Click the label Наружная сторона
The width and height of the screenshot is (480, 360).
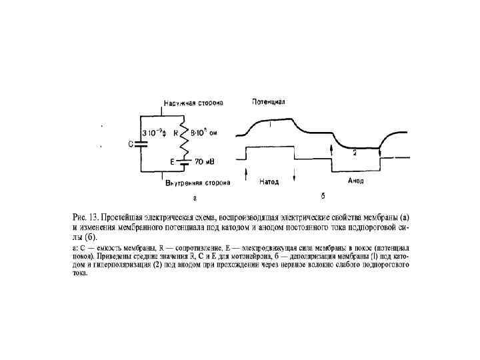(x=194, y=103)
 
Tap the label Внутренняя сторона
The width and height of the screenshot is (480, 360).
(x=197, y=183)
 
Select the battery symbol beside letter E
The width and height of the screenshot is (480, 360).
(x=186, y=161)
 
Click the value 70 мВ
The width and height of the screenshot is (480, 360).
(x=203, y=161)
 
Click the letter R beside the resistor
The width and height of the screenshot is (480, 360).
(x=176, y=133)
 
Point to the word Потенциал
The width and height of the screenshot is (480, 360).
(x=269, y=102)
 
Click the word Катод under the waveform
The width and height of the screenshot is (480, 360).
(x=267, y=181)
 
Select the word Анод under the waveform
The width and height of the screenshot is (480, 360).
(x=355, y=181)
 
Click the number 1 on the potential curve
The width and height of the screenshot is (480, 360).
(x=270, y=125)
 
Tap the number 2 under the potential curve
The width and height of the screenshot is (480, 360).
(x=355, y=153)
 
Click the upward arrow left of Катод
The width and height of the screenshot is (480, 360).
(x=247, y=176)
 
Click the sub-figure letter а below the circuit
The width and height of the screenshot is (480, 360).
(x=194, y=197)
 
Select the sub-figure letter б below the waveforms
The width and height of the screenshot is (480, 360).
(x=323, y=196)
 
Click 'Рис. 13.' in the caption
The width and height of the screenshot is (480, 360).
(x=85, y=217)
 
